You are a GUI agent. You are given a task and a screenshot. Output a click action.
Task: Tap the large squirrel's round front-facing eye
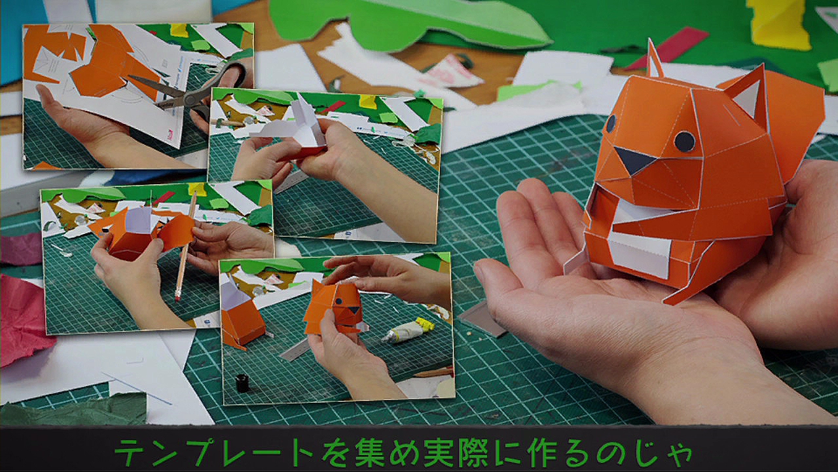pyautogui.click(x=685, y=142)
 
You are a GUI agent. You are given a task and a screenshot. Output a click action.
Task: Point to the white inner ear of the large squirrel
pyautogui.click(x=747, y=98)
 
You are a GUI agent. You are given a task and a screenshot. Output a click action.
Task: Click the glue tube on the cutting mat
pyautogui.click(x=408, y=330)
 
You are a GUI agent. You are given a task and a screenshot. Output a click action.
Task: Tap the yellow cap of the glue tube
pyautogui.click(x=426, y=324)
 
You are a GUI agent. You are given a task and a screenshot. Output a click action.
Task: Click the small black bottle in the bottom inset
pyautogui.click(x=242, y=383)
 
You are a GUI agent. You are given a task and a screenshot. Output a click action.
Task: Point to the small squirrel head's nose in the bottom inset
pyautogui.click(x=353, y=310)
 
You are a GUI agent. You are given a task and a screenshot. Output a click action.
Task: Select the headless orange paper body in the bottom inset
pyautogui.click(x=242, y=319)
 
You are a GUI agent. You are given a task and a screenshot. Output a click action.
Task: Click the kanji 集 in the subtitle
pyautogui.click(x=370, y=452)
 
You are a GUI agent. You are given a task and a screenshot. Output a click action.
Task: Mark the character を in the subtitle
pyautogui.click(x=336, y=452)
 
